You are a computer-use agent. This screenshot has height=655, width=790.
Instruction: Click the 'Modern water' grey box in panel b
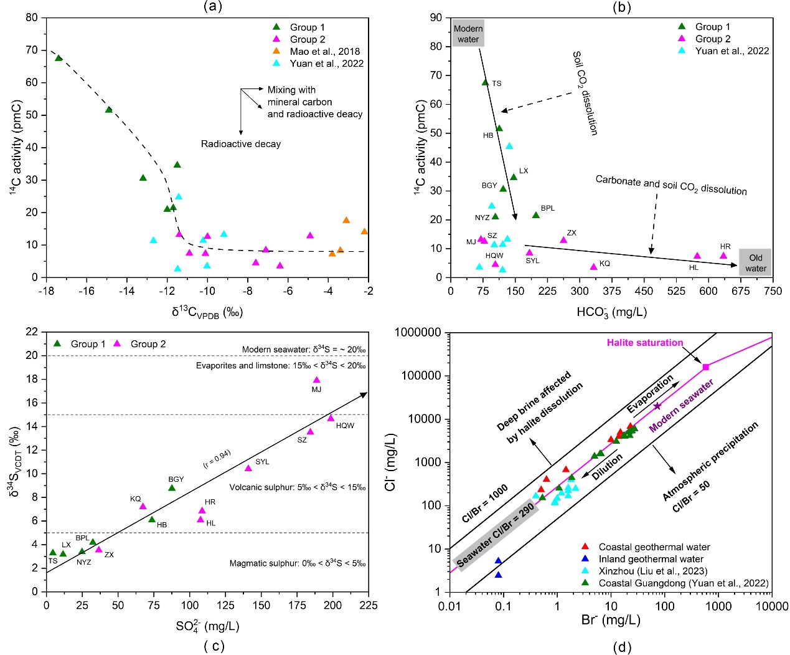click(468, 34)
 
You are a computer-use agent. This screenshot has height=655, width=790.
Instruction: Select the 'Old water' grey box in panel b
click(755, 263)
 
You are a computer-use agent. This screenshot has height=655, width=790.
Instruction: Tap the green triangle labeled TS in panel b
click(486, 82)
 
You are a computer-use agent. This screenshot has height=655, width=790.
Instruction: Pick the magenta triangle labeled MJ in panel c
click(316, 380)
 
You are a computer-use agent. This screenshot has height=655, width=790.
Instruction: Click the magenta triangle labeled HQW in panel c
click(331, 418)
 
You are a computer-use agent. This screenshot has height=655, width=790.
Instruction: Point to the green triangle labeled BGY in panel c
click(172, 487)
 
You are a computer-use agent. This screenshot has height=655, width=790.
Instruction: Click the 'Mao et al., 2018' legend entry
click(324, 51)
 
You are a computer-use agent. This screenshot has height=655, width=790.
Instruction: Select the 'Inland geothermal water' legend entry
click(651, 559)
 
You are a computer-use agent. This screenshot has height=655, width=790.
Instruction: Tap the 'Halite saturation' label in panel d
click(645, 343)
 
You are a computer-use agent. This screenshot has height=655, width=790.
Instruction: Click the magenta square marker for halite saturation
click(705, 367)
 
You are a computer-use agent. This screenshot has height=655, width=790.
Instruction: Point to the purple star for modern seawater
click(657, 406)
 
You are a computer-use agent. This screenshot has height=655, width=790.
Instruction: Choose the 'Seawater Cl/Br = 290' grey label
click(496, 535)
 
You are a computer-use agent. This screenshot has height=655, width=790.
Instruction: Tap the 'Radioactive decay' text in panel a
click(240, 144)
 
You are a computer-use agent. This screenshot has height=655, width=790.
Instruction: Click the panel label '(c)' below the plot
click(214, 646)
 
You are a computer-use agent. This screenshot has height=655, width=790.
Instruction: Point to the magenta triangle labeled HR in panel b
click(723, 256)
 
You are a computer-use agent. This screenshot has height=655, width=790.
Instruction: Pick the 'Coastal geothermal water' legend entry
click(654, 547)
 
